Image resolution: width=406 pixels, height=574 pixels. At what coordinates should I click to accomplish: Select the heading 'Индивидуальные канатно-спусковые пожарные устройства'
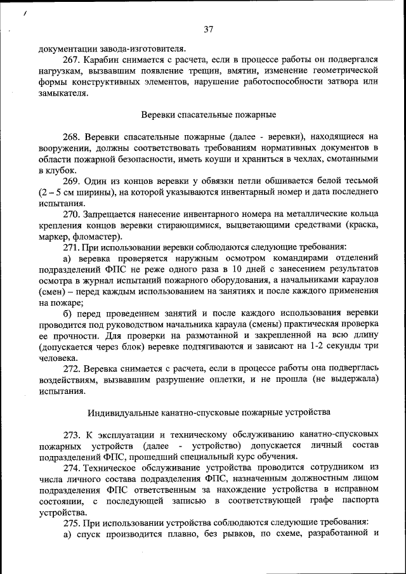209,412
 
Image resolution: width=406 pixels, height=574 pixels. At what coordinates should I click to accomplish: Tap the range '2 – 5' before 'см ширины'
53,192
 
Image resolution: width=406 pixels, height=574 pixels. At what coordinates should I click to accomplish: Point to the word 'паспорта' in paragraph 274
359,501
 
